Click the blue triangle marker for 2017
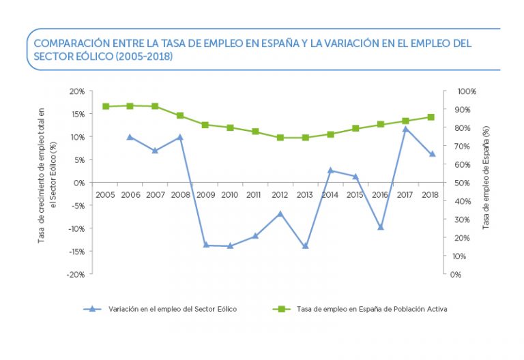pos(405,129)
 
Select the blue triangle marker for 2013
pos(305,245)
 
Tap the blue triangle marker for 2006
pos(130,137)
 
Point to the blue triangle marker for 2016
pos(381,227)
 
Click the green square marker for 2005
pos(106,106)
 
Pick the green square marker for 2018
pos(431,117)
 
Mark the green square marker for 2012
pos(280,138)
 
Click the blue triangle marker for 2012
pos(280,213)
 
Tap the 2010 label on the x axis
pos(230,195)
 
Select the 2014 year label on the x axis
pos(330,195)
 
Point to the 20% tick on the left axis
pos(77,91)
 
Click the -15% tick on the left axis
pos(76,252)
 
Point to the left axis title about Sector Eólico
pos(46,176)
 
